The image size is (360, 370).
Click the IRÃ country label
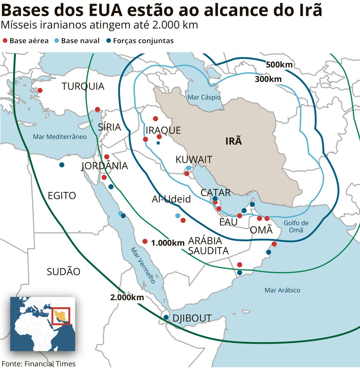233,141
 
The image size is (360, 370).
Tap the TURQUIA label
83,86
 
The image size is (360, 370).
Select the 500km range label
279,65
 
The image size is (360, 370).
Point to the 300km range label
268,79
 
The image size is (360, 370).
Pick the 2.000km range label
127,297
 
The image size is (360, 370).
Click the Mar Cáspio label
204,97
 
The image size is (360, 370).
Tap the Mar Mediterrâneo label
60,137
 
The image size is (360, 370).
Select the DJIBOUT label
192,318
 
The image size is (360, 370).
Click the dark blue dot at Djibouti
166,317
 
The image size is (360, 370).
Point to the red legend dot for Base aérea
5,41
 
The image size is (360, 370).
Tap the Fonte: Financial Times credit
38,364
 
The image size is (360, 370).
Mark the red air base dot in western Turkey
40,90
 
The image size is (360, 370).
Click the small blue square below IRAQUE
158,143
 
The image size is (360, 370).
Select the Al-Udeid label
171,199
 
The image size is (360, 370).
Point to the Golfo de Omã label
296,226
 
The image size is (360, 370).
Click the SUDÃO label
63,271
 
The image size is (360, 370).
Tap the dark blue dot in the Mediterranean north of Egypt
62,165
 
